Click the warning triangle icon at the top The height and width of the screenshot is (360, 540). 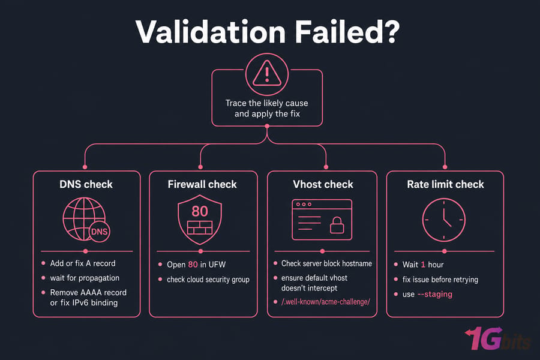click(x=267, y=73)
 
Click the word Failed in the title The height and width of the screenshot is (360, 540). click(x=347, y=32)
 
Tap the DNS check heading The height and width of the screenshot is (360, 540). click(x=86, y=184)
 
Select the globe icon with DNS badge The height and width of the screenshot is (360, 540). click(x=86, y=220)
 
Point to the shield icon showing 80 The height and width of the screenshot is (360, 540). click(x=200, y=219)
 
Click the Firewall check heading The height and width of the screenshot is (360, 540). click(x=202, y=184)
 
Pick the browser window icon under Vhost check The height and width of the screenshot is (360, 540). click(x=322, y=220)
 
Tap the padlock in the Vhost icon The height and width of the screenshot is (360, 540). click(x=337, y=225)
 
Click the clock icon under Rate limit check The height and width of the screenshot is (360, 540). click(x=444, y=220)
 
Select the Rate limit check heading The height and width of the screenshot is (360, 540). click(x=445, y=184)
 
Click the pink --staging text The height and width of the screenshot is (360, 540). click(x=435, y=294)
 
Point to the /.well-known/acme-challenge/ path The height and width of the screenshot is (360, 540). click(x=326, y=302)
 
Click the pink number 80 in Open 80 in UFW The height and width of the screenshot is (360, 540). click(x=193, y=264)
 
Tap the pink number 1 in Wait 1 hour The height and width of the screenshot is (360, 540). click(x=423, y=265)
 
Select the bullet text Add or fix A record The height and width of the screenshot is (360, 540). click(x=83, y=263)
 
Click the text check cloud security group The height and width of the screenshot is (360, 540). click(x=208, y=280)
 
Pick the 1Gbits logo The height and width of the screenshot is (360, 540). click(x=497, y=338)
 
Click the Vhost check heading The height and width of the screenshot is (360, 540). click(x=323, y=184)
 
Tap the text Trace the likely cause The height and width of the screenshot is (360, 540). click(x=267, y=103)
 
